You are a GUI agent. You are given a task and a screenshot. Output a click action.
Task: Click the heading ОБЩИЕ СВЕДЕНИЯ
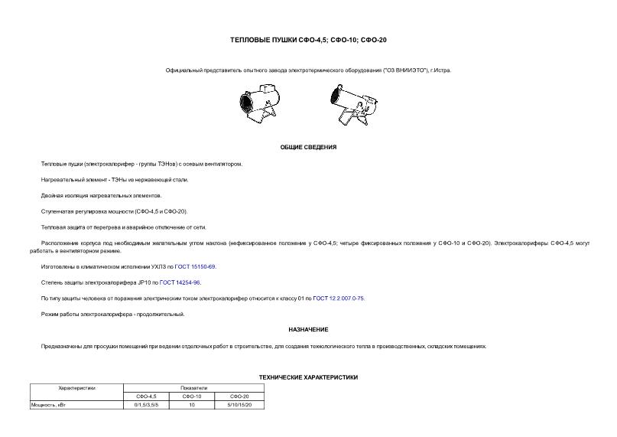(308, 147)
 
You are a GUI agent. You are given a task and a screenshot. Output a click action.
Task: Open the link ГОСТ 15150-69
(196, 266)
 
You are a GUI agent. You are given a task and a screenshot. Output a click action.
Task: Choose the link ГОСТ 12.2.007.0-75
(339, 298)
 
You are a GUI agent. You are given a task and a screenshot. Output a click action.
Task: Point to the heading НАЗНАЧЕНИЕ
(308, 329)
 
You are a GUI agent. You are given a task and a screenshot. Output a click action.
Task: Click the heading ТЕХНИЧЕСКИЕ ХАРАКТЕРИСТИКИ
(308, 377)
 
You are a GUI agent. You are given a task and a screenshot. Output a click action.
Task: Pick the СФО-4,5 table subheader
(145, 396)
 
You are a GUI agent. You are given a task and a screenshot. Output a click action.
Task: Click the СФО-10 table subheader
(192, 396)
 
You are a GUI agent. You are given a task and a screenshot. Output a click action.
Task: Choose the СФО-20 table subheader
(239, 396)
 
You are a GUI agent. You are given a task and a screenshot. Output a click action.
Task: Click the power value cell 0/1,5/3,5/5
(145, 404)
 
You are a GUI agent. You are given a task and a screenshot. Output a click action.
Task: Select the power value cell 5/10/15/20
(239, 404)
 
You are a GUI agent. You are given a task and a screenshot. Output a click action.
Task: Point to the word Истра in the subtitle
(443, 70)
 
